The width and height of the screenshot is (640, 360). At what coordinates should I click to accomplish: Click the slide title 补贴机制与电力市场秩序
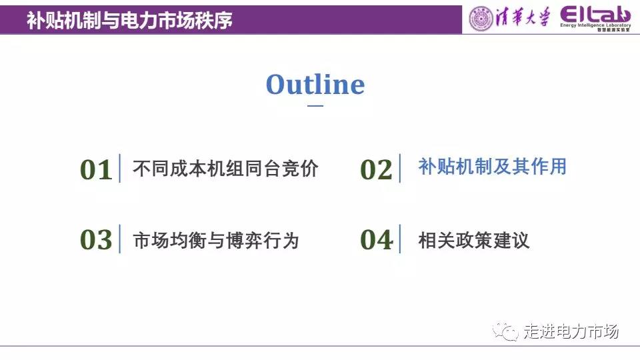point(130,20)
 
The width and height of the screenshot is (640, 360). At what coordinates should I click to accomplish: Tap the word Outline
point(315,85)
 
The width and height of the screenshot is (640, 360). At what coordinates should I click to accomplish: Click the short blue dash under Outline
point(315,106)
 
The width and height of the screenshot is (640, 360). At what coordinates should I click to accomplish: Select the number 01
point(96,170)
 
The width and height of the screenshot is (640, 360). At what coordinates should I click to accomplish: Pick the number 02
point(376,170)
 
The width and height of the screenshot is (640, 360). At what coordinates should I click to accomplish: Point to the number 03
point(96,239)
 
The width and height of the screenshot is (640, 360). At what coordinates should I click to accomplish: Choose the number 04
point(376,239)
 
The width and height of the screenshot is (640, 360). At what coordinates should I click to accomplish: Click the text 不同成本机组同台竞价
point(225,169)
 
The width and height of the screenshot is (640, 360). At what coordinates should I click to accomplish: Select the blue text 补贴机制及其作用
point(493,167)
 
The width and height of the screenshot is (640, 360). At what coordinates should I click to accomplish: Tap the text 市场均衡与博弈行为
point(216,241)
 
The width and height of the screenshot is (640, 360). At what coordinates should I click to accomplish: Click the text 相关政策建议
point(474,241)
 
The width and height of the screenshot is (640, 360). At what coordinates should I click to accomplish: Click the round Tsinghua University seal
point(481,19)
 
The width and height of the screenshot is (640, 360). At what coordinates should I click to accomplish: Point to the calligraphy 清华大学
point(523,18)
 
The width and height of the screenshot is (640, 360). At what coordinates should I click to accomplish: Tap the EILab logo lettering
point(595,15)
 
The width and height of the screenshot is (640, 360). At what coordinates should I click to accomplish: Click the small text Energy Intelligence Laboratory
point(595,25)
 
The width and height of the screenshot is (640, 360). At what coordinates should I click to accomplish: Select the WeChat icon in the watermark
point(505,331)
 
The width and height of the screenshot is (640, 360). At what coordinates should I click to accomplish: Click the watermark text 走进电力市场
point(571,331)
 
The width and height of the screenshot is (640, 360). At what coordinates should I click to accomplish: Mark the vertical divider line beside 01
point(119,168)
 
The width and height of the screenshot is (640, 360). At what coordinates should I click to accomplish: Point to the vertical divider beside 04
point(400,239)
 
